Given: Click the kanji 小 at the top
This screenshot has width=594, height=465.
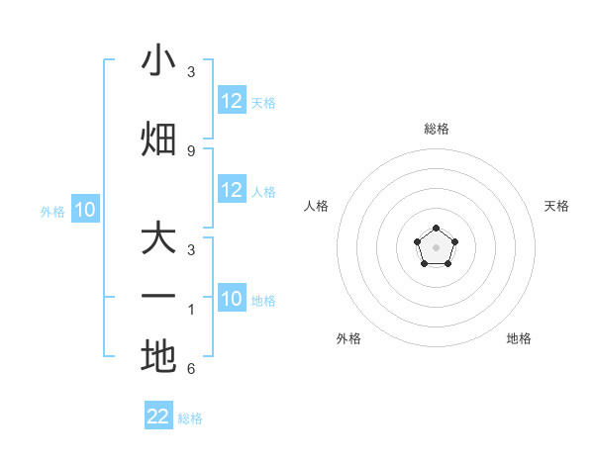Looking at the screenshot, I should (x=158, y=61).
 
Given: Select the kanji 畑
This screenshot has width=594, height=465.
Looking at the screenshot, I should (x=158, y=139).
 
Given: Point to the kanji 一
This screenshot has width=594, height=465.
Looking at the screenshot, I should (x=158, y=297).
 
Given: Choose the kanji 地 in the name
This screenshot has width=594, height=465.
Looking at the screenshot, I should (x=158, y=356).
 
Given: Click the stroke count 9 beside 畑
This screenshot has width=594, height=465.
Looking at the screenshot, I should (x=191, y=150).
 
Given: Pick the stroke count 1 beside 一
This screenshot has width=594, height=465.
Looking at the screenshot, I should (x=191, y=309).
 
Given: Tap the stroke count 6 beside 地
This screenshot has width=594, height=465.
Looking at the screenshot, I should (x=191, y=369).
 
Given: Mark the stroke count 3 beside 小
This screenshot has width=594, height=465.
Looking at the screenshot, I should (x=191, y=72).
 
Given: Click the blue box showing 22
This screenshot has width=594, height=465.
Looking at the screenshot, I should (x=158, y=417).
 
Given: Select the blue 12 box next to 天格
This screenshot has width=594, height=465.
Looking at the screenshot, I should (x=232, y=101).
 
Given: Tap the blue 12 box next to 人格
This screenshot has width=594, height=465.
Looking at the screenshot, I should (x=232, y=191).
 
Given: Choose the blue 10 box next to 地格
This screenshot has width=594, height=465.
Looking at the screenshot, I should (x=232, y=299).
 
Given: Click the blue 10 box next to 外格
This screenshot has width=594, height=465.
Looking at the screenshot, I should (x=85, y=210).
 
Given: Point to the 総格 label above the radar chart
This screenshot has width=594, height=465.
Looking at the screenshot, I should (x=437, y=129).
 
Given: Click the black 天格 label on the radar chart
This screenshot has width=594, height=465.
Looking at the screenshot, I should (x=556, y=206).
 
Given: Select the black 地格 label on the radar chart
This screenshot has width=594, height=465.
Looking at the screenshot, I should (x=519, y=338).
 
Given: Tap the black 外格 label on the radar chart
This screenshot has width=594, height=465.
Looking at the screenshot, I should (x=348, y=338).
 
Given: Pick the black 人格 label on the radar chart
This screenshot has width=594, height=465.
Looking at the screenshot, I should (x=317, y=206).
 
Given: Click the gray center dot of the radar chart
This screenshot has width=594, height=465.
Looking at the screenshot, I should (x=436, y=245).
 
